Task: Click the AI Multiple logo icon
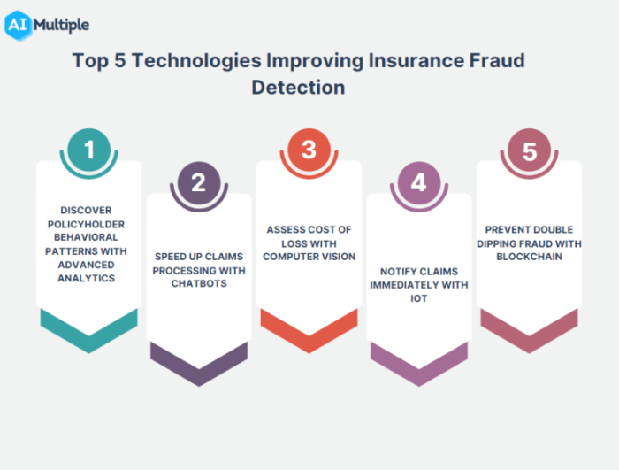pos(17,24)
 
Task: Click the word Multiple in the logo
pos(61,25)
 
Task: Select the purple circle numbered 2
pos(198,183)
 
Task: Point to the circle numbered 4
pos(419,183)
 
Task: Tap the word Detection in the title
pos(298,88)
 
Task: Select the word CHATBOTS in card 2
pos(198,283)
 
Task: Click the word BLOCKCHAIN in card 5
pos(529,257)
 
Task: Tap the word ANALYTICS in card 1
pos(88,277)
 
